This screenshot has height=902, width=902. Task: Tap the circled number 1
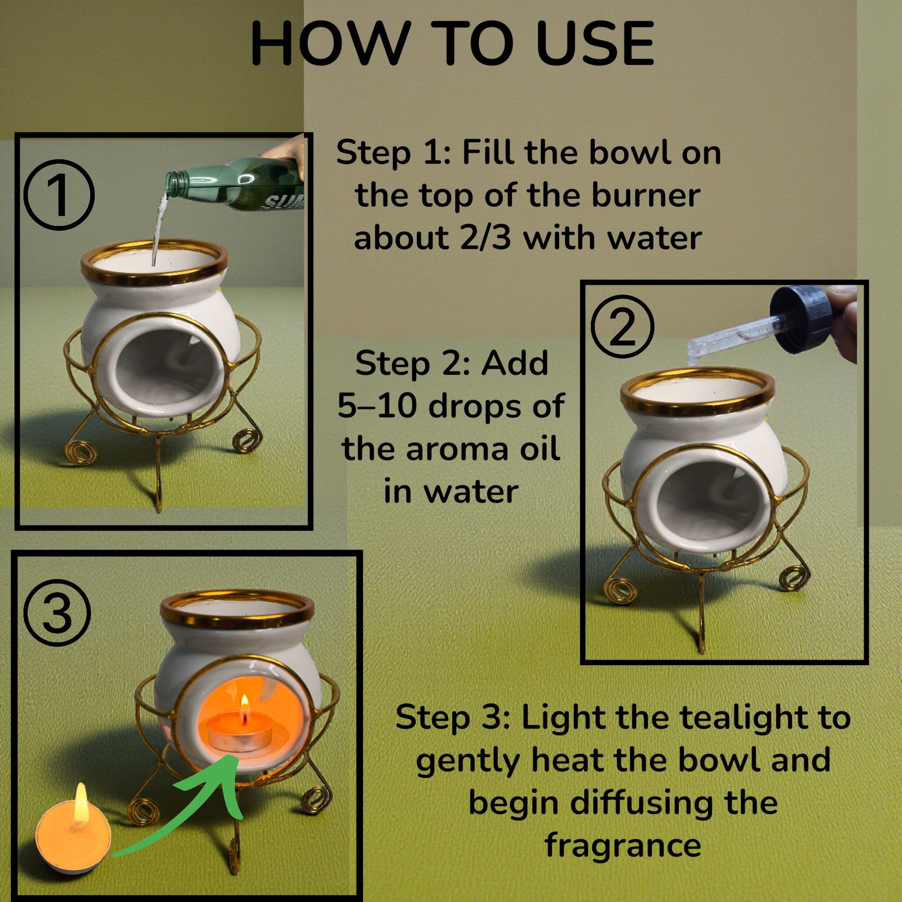(59, 194)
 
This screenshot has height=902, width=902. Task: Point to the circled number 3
(58, 613)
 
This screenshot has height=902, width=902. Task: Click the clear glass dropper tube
(733, 338)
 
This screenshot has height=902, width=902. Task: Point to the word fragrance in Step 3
(623, 846)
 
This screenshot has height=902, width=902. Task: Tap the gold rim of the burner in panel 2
(697, 408)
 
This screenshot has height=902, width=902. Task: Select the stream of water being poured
(160, 228)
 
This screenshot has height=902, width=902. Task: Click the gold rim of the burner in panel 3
(237, 624)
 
